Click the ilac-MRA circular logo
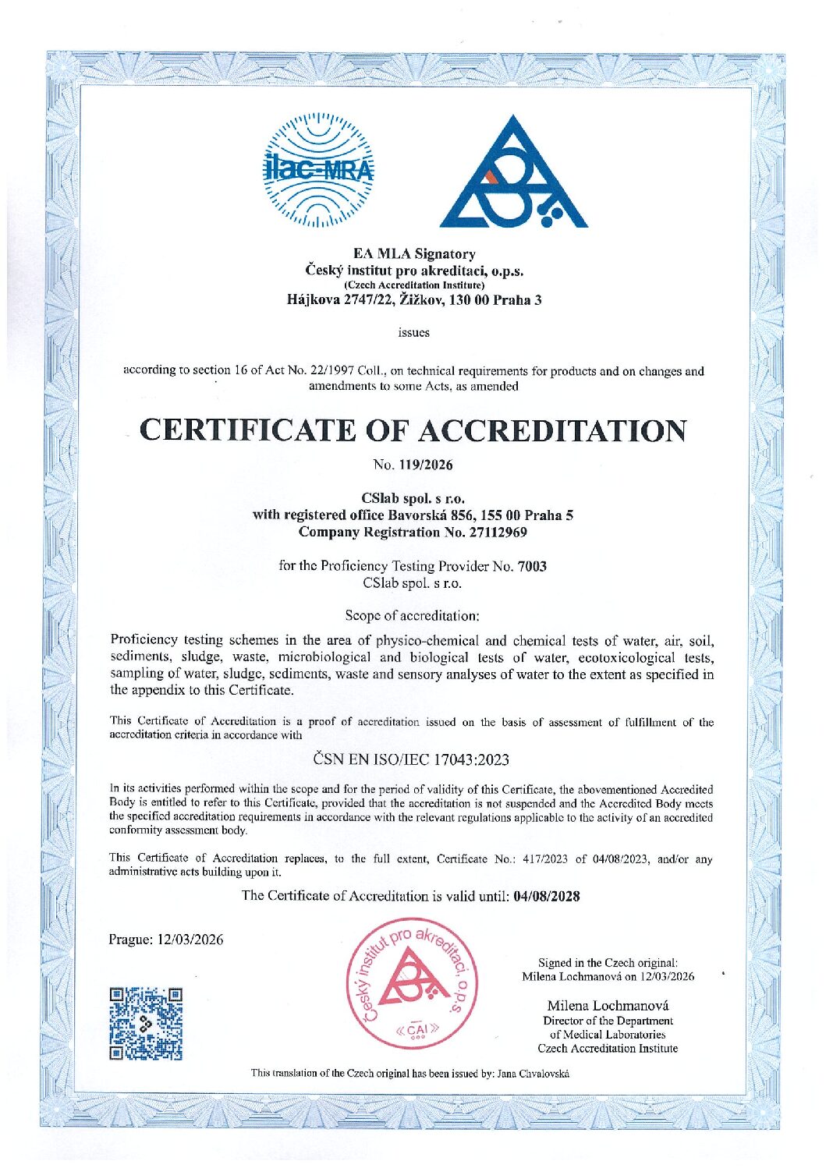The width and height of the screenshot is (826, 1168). coord(318,170)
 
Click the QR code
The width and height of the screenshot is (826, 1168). coord(146,1023)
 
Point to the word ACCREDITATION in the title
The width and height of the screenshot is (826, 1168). coord(553,430)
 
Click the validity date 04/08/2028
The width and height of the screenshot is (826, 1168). coord(546,896)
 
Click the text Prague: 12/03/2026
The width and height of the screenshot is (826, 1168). coord(166,940)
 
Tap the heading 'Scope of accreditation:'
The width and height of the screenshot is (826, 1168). coord(412,615)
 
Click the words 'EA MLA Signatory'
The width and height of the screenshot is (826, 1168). coord(413,253)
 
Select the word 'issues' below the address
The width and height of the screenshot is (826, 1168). coord(413,332)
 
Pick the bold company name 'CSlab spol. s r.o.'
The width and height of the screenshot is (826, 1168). coord(413,497)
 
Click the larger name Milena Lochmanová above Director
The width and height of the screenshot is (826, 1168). coord(608,1005)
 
